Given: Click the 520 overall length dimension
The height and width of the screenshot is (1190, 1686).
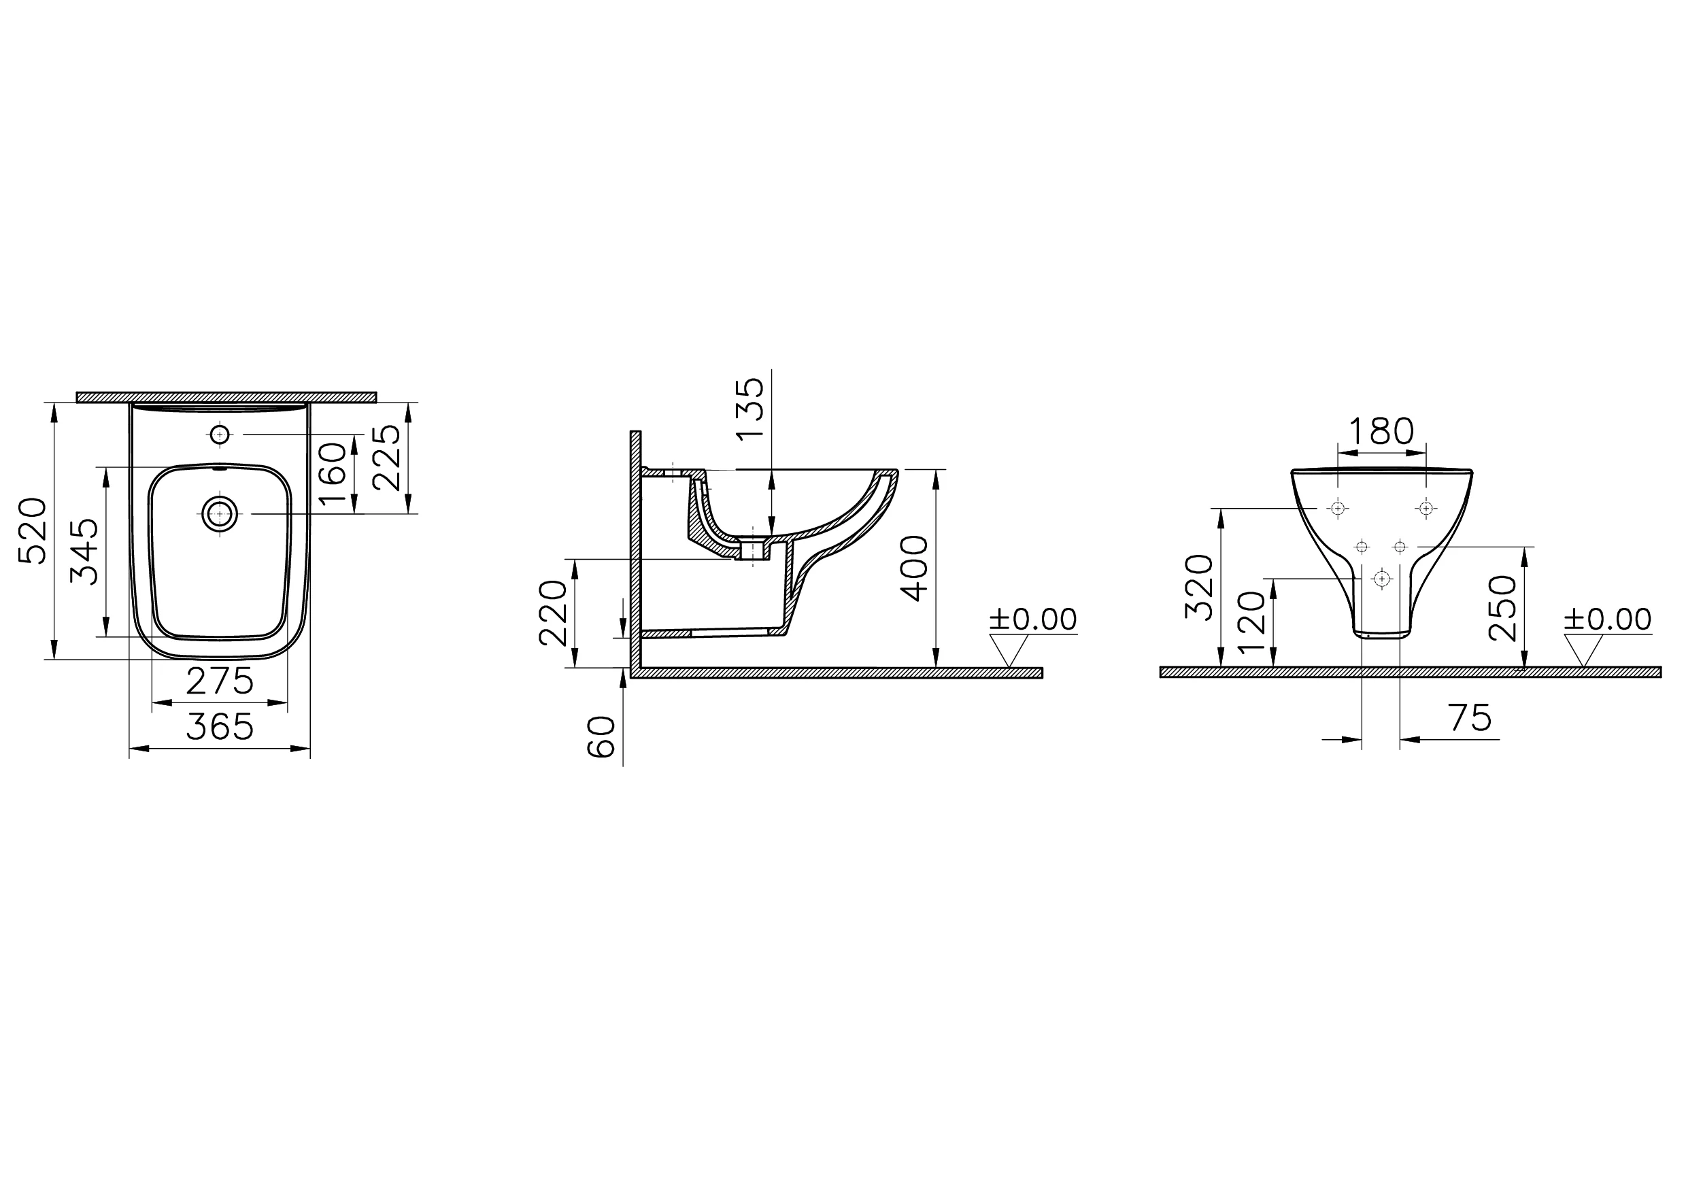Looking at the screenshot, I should pyautogui.click(x=33, y=531).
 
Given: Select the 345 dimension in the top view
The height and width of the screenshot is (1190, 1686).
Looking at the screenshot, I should pyautogui.click(x=84, y=551).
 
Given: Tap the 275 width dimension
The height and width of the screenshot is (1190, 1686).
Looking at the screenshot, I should pyautogui.click(x=220, y=681).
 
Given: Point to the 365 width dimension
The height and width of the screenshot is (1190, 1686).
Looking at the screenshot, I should pyautogui.click(x=220, y=727).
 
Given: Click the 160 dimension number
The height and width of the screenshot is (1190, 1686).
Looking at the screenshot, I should pyautogui.click(x=333, y=473).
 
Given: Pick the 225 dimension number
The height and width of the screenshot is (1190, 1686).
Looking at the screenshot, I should pyautogui.click(x=386, y=458).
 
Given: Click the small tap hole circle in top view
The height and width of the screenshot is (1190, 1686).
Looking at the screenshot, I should pyautogui.click(x=220, y=435).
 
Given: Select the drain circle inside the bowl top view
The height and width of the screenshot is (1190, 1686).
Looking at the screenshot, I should pyautogui.click(x=220, y=514).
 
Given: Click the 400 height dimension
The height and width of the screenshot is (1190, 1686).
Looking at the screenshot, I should pyautogui.click(x=914, y=568).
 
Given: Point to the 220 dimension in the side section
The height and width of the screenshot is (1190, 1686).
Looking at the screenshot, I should pyautogui.click(x=554, y=613).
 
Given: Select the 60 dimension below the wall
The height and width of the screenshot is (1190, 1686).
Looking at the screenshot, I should pyautogui.click(x=601, y=736).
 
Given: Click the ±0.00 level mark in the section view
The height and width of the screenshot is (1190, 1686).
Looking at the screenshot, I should pyautogui.click(x=1033, y=619).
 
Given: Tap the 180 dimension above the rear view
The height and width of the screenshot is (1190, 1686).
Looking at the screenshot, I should pyautogui.click(x=1381, y=432).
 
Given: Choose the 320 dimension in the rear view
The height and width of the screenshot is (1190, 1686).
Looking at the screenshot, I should pyautogui.click(x=1199, y=588).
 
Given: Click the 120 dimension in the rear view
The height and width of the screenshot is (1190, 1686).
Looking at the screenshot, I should pyautogui.click(x=1252, y=622).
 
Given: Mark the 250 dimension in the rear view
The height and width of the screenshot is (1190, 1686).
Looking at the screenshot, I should pyautogui.click(x=1503, y=608).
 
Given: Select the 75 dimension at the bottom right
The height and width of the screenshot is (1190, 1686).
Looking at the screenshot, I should pyautogui.click(x=1471, y=718).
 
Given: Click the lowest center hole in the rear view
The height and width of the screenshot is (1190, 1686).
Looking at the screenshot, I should pyautogui.click(x=1382, y=579).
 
